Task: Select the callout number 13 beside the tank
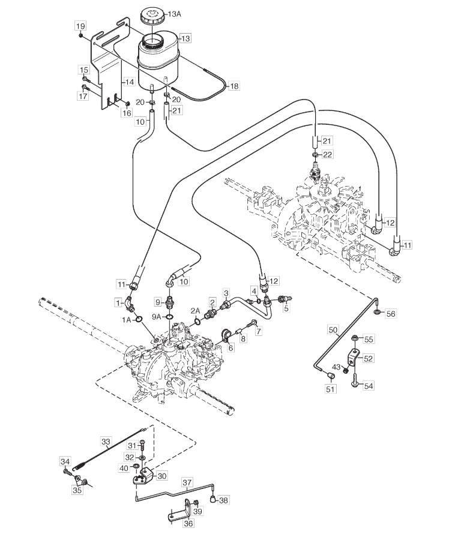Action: click(x=185, y=38)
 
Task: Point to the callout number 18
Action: click(x=234, y=86)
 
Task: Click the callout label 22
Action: click(x=328, y=154)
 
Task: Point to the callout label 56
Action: click(x=391, y=313)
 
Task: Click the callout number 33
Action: click(x=106, y=442)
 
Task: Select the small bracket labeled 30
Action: click(x=145, y=478)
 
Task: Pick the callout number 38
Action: click(x=223, y=500)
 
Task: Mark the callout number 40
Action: click(x=123, y=467)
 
